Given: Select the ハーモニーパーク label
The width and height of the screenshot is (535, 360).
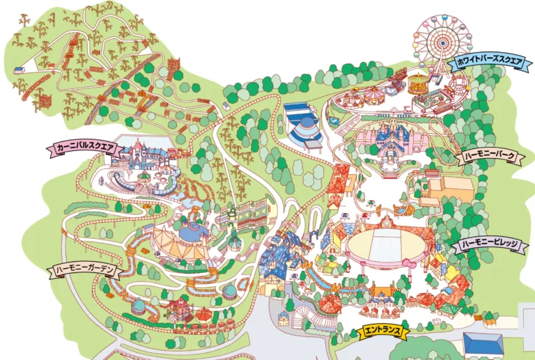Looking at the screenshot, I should [x=490, y=157].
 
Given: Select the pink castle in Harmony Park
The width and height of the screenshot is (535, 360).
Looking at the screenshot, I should [x=387, y=143].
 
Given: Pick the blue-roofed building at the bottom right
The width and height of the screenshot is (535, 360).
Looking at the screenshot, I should [x=483, y=344].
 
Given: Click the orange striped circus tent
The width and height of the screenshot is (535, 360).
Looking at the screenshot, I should [x=179, y=240].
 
